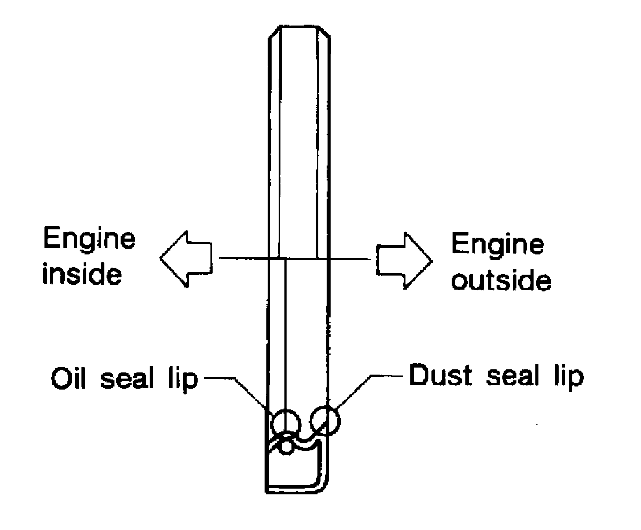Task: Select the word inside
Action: click(x=82, y=273)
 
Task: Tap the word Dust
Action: click(x=441, y=376)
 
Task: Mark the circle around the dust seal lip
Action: click(x=325, y=420)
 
